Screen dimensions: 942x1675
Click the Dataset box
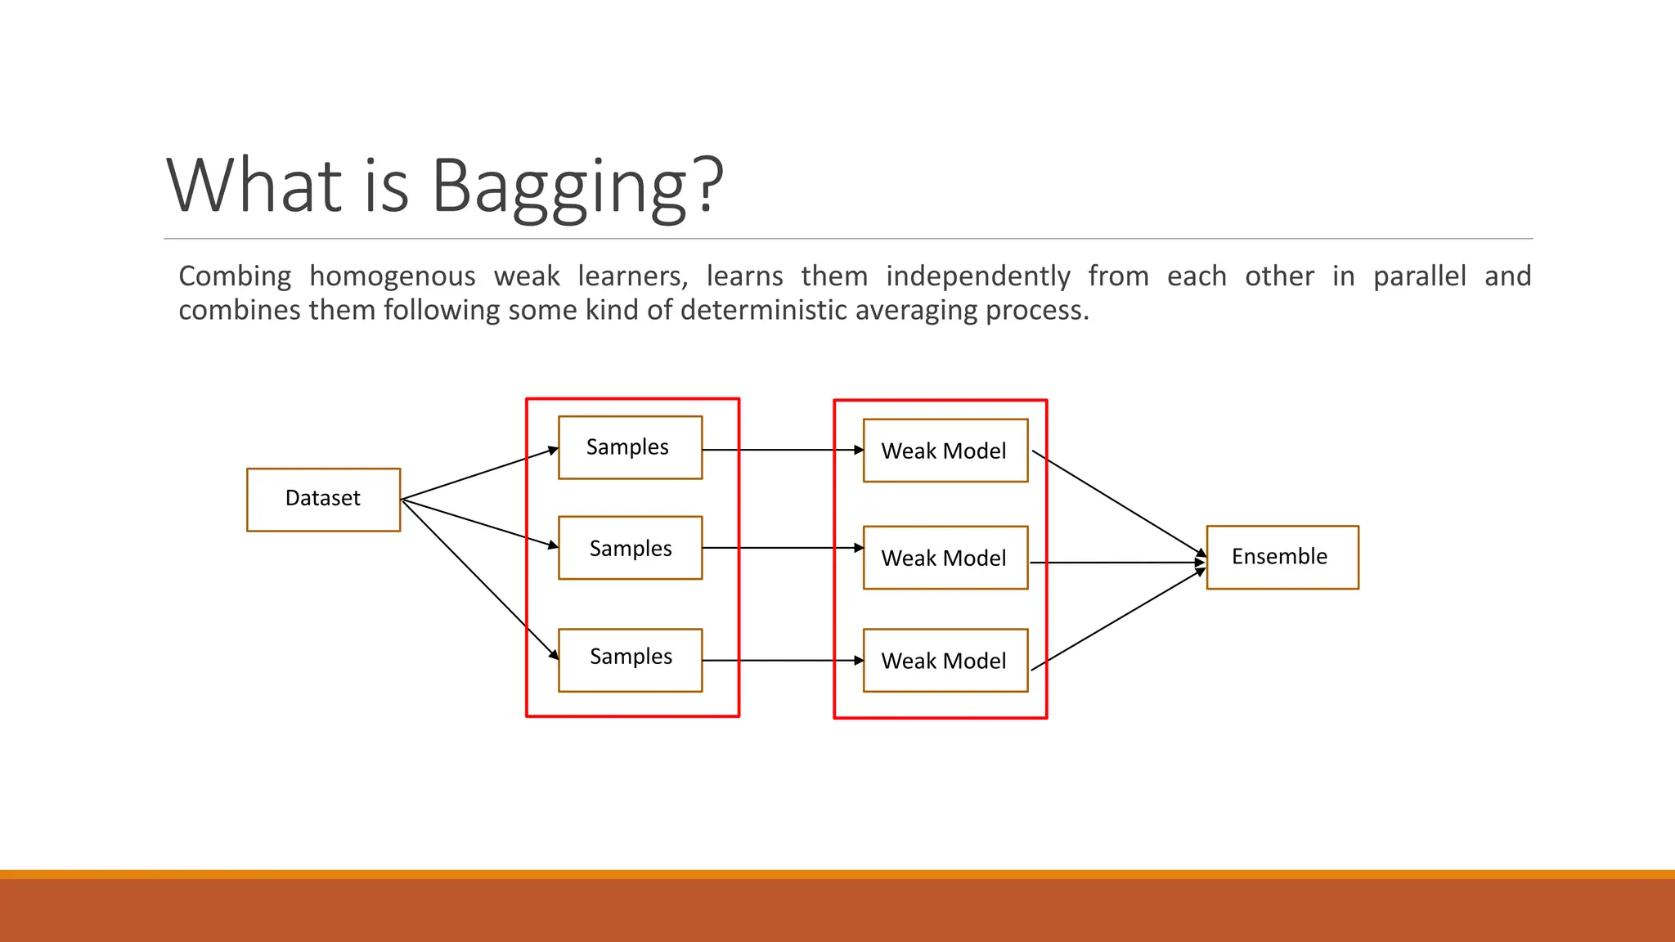pos(323,499)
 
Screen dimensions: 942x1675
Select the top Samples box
pos(630,447)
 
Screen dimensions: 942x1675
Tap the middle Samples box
pos(630,548)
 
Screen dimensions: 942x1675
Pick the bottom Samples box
pos(630,660)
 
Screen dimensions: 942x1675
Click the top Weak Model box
pos(945,451)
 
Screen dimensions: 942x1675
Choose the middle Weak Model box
pos(945,558)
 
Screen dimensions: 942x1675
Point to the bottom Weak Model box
pos(945,661)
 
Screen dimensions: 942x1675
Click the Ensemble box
pos(1282,557)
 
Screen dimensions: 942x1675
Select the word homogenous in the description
pos(392,277)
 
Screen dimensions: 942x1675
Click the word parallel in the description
pos(1419,276)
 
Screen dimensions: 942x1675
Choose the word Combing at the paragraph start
pos(235,277)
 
